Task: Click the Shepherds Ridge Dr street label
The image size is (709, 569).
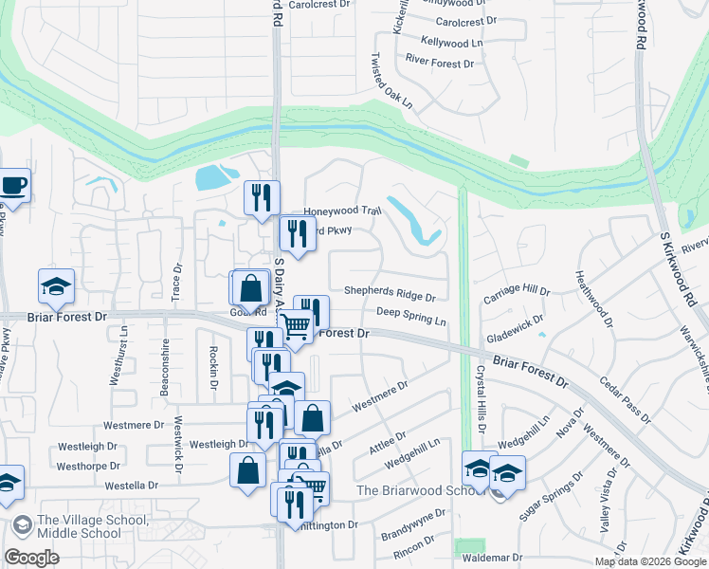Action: [390, 295]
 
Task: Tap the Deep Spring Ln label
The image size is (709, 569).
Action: [410, 316]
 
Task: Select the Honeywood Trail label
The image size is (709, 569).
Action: [341, 212]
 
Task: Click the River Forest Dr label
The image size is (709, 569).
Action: [439, 64]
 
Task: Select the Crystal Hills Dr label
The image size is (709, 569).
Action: [481, 401]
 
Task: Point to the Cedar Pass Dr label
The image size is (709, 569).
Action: [626, 399]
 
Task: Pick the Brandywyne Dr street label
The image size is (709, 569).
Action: [413, 524]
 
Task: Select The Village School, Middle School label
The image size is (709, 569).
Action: [79, 527]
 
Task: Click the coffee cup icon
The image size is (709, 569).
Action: [13, 185]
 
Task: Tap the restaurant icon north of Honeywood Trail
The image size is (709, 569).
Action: [262, 198]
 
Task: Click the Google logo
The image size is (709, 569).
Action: [32, 558]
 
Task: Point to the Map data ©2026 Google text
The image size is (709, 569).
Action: [649, 561]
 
